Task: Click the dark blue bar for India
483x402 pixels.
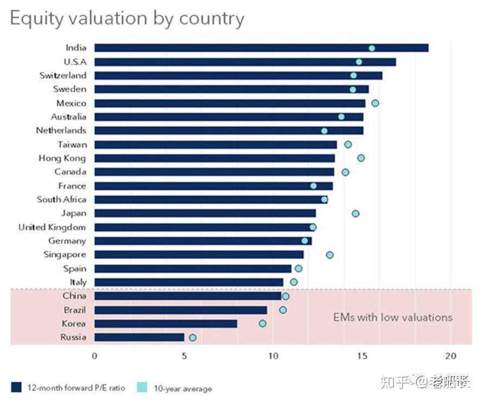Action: tap(260, 48)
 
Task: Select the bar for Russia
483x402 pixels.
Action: tap(139, 338)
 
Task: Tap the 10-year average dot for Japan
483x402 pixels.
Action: tap(355, 213)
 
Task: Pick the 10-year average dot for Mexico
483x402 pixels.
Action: tap(375, 103)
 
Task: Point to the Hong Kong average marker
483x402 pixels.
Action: tap(361, 158)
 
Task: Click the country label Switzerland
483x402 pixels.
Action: tap(62, 75)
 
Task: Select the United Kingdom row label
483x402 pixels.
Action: tap(52, 227)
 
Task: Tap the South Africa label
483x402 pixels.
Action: tap(61, 199)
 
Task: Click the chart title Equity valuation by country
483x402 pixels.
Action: tap(127, 18)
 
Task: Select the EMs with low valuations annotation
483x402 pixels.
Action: tap(392, 317)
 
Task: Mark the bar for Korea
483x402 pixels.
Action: tap(166, 323)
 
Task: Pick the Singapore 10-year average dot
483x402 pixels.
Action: tap(329, 255)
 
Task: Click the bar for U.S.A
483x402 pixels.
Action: tap(245, 62)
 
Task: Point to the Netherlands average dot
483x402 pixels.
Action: tap(324, 131)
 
